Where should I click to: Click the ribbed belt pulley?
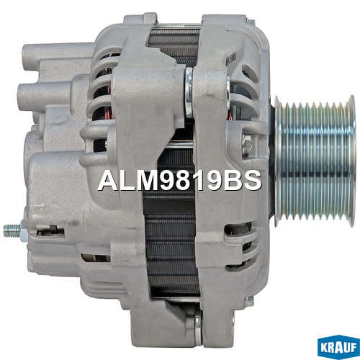coord(315,161)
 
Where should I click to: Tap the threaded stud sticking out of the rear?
coord(12,230)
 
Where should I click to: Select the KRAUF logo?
coord(338,347)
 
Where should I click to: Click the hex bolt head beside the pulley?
coord(247,144)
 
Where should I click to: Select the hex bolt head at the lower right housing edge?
coord(250,302)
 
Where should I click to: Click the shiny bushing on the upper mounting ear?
coord(189,93)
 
